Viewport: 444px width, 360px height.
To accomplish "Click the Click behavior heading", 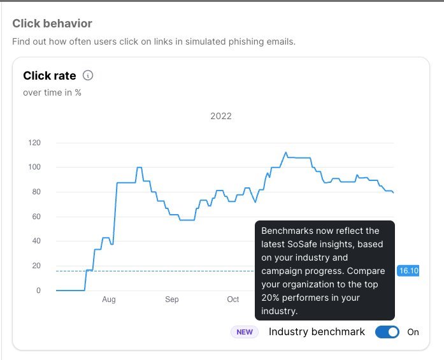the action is pyautogui.click(x=52, y=24).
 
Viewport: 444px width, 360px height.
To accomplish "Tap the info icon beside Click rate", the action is pyautogui.click(x=88, y=76).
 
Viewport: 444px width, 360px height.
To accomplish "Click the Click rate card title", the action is pyautogui.click(x=50, y=76).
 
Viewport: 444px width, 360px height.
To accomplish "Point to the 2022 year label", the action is pyautogui.click(x=221, y=116).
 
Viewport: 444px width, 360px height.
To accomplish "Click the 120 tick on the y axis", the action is pyautogui.click(x=34, y=143).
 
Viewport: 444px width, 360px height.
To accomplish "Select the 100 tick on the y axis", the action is pyautogui.click(x=34, y=167).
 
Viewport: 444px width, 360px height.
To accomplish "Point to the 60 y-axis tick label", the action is pyautogui.click(x=36, y=217).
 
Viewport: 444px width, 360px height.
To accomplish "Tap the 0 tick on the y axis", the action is pyautogui.click(x=38, y=291).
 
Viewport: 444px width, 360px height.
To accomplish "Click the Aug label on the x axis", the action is pyautogui.click(x=109, y=299).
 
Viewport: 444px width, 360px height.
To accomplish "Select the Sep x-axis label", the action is pyautogui.click(x=172, y=299).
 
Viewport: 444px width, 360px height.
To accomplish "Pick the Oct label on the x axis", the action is pyautogui.click(x=233, y=299).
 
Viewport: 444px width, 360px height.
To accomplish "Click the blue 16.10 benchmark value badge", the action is pyautogui.click(x=408, y=271).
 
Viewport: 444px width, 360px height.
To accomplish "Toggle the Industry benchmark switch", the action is pyautogui.click(x=387, y=332).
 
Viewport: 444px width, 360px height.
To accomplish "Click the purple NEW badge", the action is pyautogui.click(x=245, y=332).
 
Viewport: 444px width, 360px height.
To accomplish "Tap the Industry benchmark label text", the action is pyautogui.click(x=317, y=332).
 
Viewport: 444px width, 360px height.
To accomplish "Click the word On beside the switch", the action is pyautogui.click(x=413, y=332).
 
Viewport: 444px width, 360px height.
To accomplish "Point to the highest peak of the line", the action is pyautogui.click(x=286, y=153).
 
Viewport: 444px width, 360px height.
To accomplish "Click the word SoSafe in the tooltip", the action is pyautogui.click(x=301, y=244).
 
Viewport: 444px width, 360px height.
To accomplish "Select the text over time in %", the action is pyautogui.click(x=52, y=92).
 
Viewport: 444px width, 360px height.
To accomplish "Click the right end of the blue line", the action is pyautogui.click(x=393, y=192).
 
